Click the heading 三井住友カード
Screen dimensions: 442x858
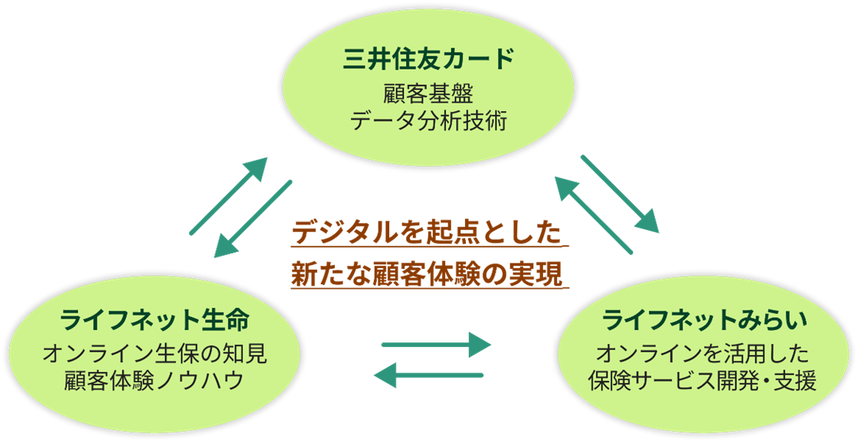click(428, 60)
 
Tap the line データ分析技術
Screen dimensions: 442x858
click(428, 121)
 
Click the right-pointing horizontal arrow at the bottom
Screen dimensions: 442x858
click(435, 345)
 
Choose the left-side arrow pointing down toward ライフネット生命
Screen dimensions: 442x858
click(253, 218)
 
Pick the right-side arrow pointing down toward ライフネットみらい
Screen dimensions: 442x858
click(620, 193)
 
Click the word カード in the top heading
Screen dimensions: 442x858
click(476, 60)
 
